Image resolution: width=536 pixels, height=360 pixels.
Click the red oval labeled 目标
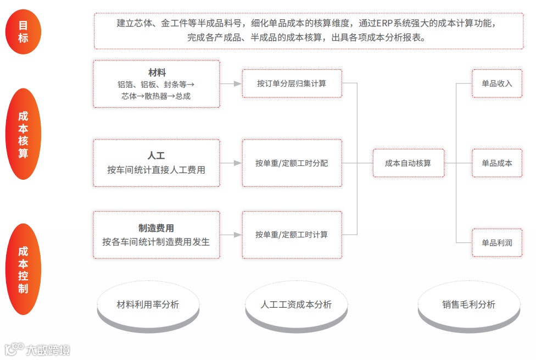(23, 31)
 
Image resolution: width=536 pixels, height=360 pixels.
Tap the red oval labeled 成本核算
(23, 134)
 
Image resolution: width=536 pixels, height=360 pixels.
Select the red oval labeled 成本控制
(23, 269)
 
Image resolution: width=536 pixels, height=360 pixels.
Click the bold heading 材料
(157, 73)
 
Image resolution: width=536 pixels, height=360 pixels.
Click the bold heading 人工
(157, 156)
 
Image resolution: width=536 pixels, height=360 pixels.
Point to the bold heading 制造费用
(157, 228)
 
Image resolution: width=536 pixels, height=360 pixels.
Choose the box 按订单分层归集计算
(292, 84)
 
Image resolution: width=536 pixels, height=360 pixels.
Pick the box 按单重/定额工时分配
(292, 163)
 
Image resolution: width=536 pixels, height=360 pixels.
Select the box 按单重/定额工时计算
(292, 235)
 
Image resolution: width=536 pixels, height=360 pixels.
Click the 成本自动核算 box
(408, 163)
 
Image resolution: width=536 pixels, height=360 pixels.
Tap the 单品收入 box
(497, 84)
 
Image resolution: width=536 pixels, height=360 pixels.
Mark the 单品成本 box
(497, 163)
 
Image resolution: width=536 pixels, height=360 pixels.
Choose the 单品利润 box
(497, 242)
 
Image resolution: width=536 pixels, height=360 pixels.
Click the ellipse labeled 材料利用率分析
(148, 304)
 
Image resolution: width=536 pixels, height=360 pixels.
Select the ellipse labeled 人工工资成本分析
(296, 304)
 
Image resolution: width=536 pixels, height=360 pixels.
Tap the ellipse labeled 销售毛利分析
(468, 304)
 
